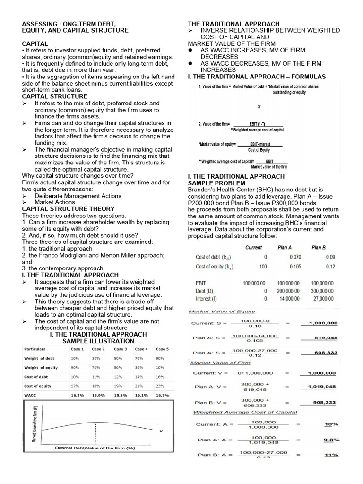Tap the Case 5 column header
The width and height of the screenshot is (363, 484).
coord(162,349)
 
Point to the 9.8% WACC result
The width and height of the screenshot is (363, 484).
coord(331,440)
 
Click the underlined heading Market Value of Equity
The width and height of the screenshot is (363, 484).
coord(222,311)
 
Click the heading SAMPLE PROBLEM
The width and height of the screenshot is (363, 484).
coord(216,183)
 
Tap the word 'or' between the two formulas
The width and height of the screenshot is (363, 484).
coord(259,107)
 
